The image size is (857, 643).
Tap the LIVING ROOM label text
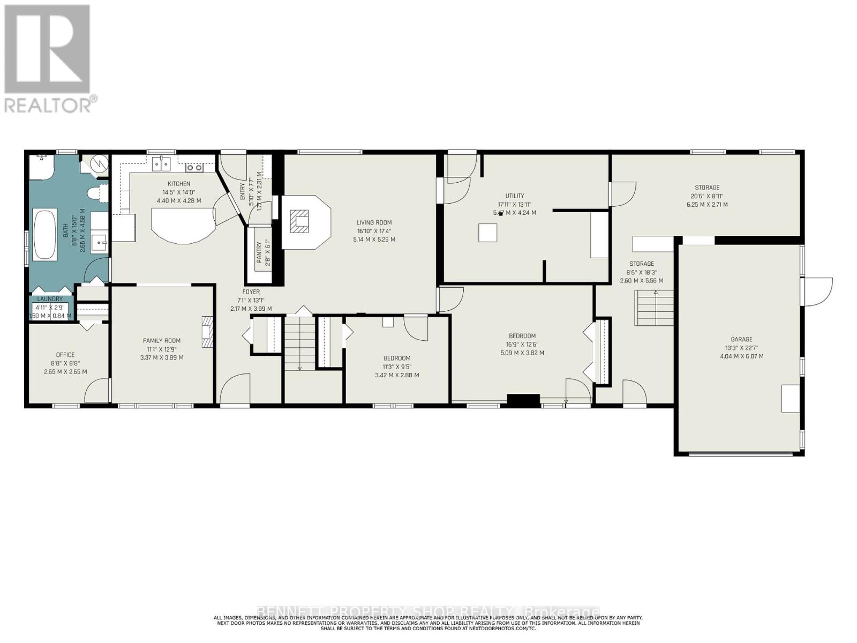[374, 222]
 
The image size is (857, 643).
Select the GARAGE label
[741, 339]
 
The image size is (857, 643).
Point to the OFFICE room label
[65, 355]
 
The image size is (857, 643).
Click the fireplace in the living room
[300, 221]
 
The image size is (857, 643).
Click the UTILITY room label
[514, 196]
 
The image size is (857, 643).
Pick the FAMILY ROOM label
[161, 341]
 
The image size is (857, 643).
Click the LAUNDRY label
[50, 299]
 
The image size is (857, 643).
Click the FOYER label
[251, 292]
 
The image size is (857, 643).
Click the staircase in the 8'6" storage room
[655, 308]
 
